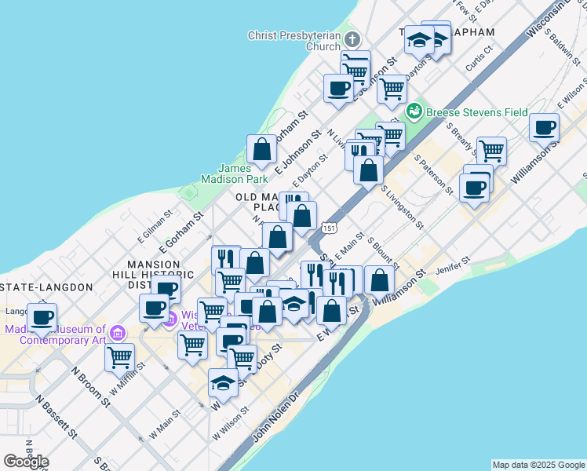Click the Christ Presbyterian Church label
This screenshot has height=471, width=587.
pos(293,41)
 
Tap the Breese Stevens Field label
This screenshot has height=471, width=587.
pos(476,112)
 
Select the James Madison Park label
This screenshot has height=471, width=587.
pos(245,173)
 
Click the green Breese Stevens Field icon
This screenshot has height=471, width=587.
pos(414,111)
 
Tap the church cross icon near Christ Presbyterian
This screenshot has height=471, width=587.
pos(352,38)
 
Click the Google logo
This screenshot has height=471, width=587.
pos(26,461)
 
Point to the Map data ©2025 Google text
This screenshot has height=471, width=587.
pos(538,465)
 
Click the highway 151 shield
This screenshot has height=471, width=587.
pos(330,228)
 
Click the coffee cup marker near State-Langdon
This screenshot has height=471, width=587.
pos(42,317)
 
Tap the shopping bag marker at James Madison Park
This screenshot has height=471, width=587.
pos(261,148)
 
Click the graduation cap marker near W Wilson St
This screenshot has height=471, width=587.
pos(224,383)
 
